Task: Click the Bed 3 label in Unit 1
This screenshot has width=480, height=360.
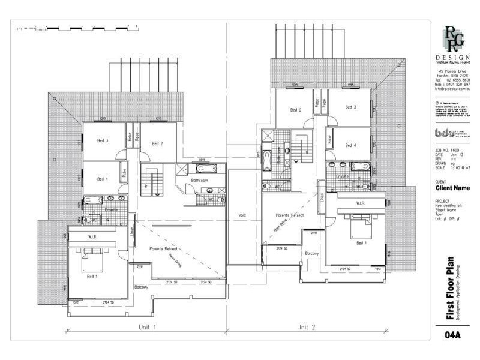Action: [103, 141]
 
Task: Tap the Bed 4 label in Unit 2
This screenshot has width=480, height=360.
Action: [351, 146]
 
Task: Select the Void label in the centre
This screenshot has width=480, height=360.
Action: [242, 214]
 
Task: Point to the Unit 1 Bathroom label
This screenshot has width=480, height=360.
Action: [199, 180]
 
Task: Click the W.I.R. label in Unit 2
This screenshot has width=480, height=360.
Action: [361, 203]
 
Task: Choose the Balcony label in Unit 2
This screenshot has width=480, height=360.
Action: [311, 254]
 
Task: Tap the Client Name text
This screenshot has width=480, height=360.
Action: [452, 188]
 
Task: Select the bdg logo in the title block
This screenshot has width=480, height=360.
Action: [444, 133]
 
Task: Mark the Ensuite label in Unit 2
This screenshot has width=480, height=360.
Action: [343, 176]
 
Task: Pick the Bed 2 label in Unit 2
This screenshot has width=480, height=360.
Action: [295, 110]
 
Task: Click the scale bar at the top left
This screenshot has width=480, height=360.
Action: [78, 27]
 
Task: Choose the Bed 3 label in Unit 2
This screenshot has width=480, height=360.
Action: [351, 107]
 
